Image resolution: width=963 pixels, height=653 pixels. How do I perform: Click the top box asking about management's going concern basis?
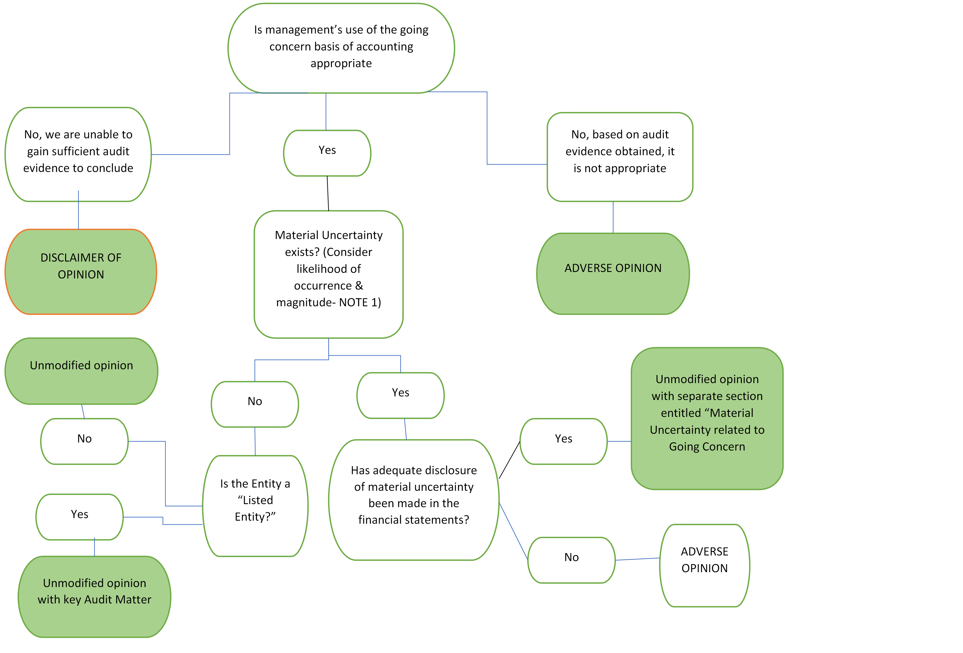(341, 48)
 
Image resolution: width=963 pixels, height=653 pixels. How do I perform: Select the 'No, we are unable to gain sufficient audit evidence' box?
(78, 154)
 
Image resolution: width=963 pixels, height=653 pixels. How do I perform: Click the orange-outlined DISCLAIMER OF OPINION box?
(81, 272)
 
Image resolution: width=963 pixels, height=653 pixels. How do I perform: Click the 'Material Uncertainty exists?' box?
(329, 274)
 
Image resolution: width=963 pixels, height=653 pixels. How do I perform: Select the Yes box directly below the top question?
(327, 153)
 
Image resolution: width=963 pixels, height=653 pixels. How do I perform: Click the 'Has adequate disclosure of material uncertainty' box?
(414, 500)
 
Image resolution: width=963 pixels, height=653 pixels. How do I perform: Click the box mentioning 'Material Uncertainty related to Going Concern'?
(707, 418)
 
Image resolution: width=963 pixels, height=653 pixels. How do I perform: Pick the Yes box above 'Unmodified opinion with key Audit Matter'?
(79, 517)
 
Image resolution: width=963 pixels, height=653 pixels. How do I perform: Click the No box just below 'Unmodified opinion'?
(85, 441)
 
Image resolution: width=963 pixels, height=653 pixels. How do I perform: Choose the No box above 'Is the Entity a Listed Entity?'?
(255, 404)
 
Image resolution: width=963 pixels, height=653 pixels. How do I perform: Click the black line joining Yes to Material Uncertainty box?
(328, 193)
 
